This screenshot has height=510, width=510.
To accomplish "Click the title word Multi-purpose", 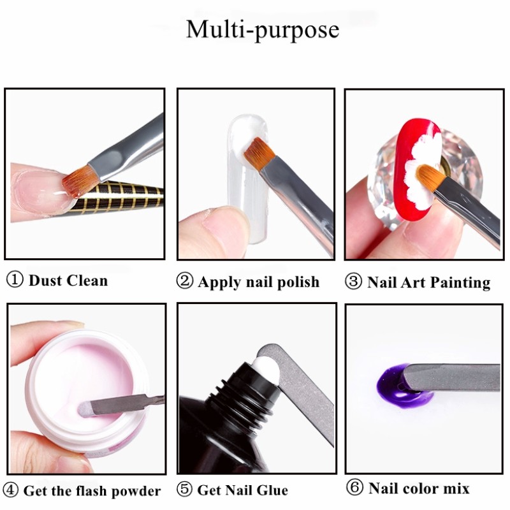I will coord(262,30).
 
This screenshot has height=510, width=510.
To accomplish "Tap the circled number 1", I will coord(15,280).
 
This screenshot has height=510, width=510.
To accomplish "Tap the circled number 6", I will coord(355,488).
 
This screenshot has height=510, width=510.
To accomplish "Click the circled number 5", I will coord(185,490).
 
